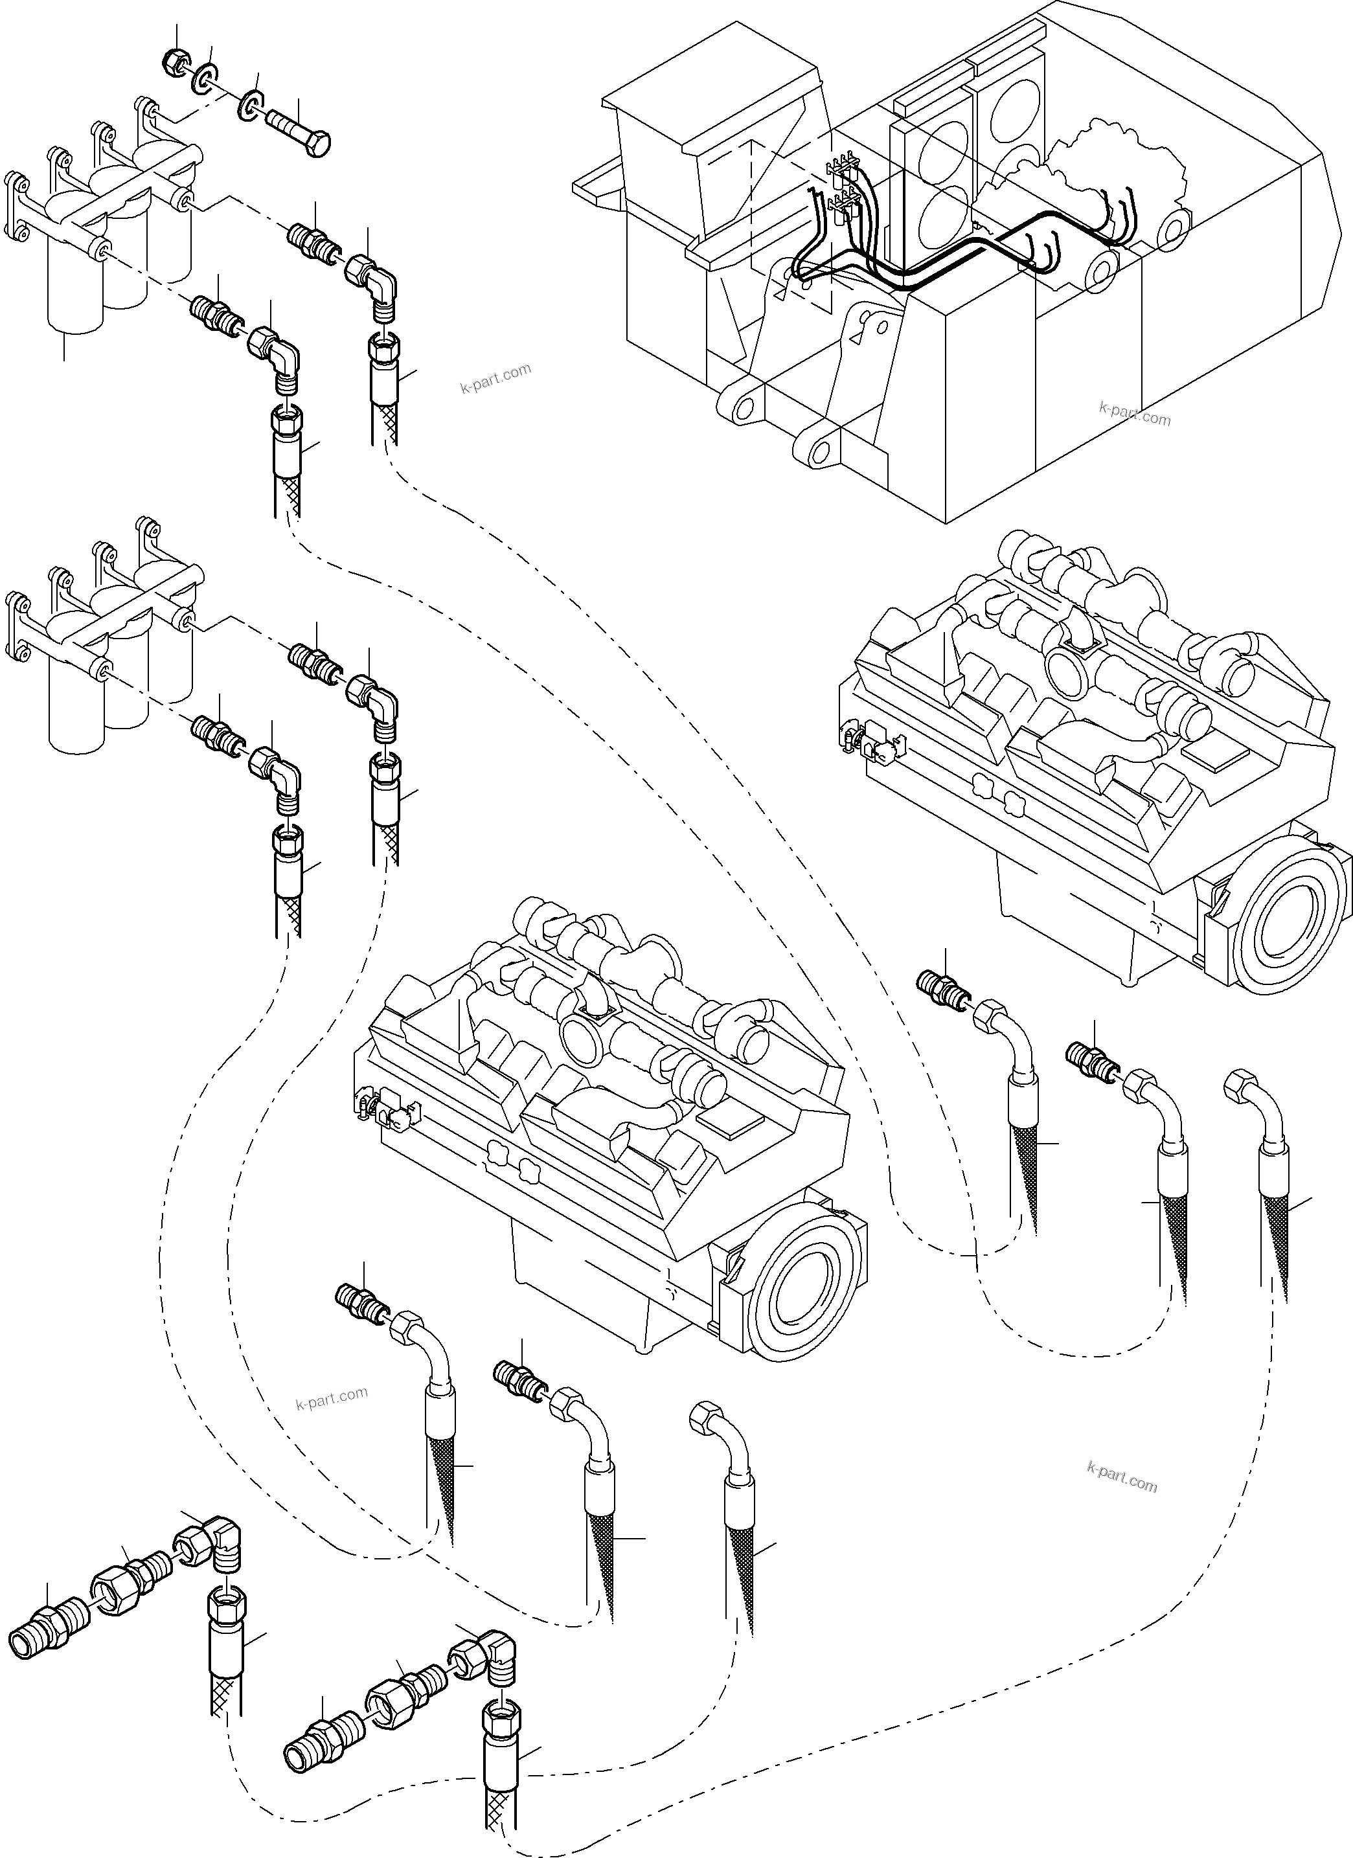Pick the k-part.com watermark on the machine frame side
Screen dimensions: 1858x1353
1135,413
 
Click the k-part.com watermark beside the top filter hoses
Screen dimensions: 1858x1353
496,378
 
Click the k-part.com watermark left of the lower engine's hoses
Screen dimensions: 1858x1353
331,1398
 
